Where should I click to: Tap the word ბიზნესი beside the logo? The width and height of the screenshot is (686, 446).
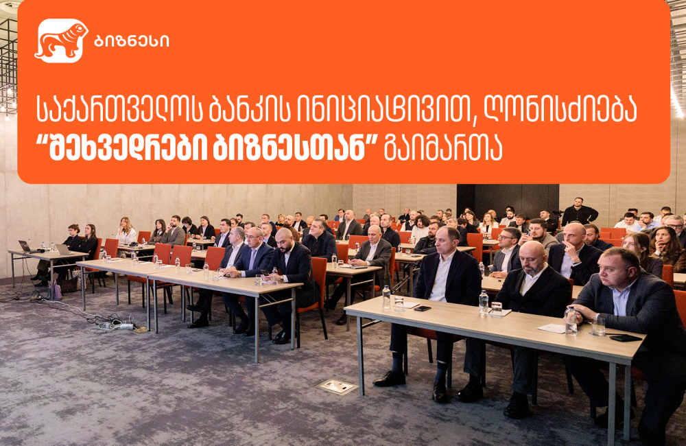click(130, 40)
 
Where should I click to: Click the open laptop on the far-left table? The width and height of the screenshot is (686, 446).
click(25, 246)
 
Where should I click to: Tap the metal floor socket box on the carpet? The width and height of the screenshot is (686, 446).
click(337, 386)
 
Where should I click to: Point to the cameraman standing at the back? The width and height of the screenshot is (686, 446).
click(578, 212)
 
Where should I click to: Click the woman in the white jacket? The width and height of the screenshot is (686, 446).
click(126, 232)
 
